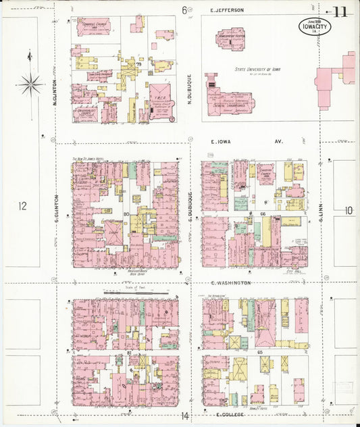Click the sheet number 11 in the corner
[x=341, y=11]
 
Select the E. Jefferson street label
[x=227, y=10]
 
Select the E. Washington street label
[x=231, y=282]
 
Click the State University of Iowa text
[x=259, y=70]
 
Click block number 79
[x=138, y=64]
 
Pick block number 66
[x=263, y=214]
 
